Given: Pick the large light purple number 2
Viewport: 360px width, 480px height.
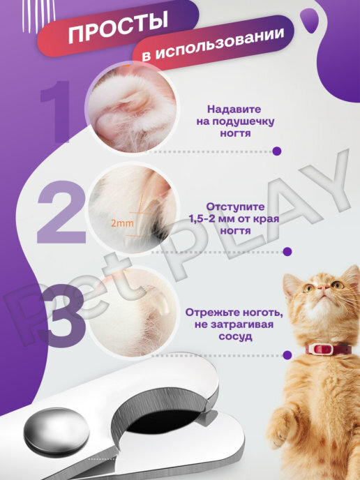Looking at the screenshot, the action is click(x=61, y=212).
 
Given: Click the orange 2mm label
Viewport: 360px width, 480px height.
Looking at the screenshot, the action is click(x=122, y=223).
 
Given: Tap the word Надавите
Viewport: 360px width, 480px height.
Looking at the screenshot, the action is click(x=234, y=110).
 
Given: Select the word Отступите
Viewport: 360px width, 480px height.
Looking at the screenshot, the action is click(x=235, y=207).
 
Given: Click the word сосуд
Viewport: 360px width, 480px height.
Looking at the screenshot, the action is click(x=235, y=337).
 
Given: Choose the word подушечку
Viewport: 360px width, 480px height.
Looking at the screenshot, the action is click(x=244, y=121).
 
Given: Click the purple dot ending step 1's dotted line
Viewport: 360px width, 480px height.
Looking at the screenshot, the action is click(x=277, y=151).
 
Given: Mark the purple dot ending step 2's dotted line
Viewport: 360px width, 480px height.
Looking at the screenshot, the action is click(x=287, y=252).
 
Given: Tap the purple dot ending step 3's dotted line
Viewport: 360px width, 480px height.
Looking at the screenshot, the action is click(x=287, y=355).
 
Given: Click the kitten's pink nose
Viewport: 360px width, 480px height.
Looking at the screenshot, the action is click(x=321, y=287).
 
